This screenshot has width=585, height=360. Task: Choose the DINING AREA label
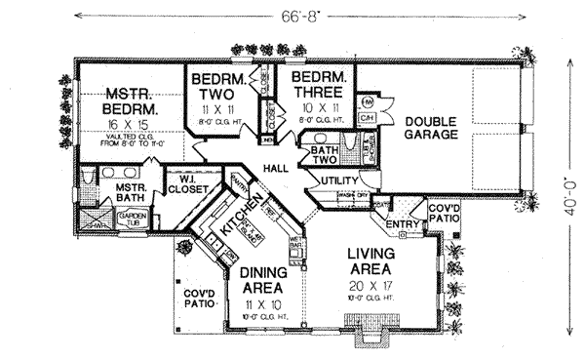[x=263, y=283]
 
